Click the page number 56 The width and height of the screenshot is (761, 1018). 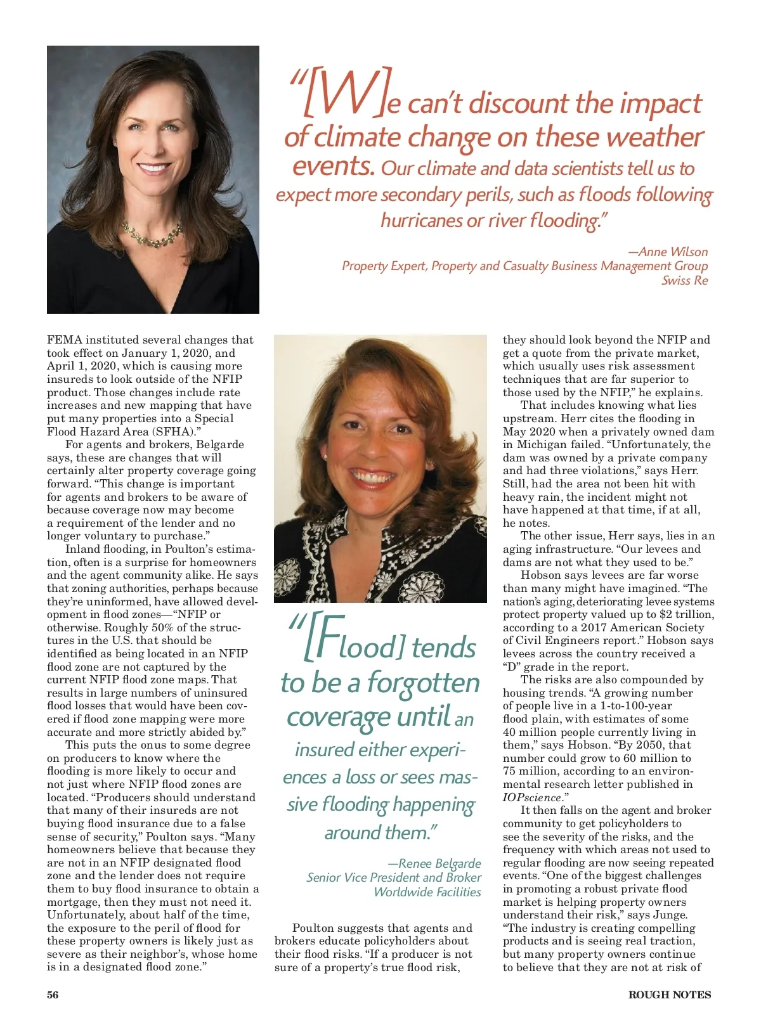pos(53,995)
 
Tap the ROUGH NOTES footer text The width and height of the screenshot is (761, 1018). pos(669,995)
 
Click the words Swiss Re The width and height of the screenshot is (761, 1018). pos(684,280)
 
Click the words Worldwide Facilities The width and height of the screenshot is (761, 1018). pos(427,892)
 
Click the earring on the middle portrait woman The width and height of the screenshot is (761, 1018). pos(325,456)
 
